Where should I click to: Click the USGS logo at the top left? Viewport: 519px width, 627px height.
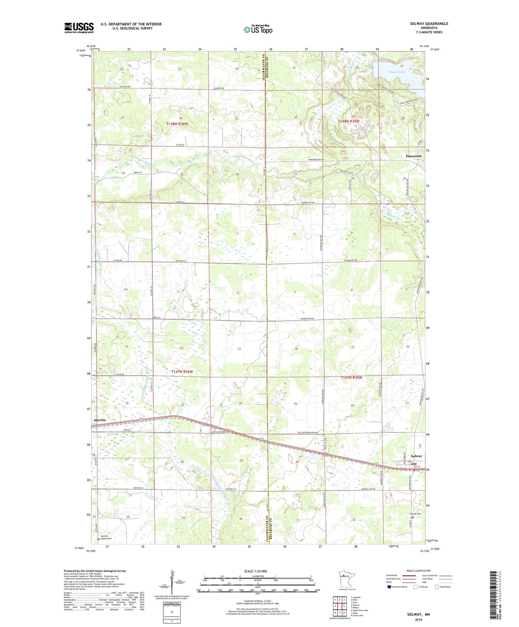(x=79, y=28)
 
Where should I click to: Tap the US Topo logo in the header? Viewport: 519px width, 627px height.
(x=258, y=29)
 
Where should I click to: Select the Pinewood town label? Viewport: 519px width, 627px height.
(x=413, y=156)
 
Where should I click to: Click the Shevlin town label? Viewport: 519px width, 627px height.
(x=100, y=420)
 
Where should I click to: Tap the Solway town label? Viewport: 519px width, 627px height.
(x=416, y=456)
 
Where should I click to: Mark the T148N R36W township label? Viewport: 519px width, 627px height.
(x=177, y=124)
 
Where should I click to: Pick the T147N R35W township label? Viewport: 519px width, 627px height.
(x=351, y=378)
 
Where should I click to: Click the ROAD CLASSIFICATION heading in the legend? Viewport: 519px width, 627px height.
(x=419, y=571)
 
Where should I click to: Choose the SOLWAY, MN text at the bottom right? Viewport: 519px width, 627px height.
(x=418, y=614)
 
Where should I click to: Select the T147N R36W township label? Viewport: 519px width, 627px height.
(x=182, y=372)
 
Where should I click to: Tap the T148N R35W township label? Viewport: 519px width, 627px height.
(x=348, y=121)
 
